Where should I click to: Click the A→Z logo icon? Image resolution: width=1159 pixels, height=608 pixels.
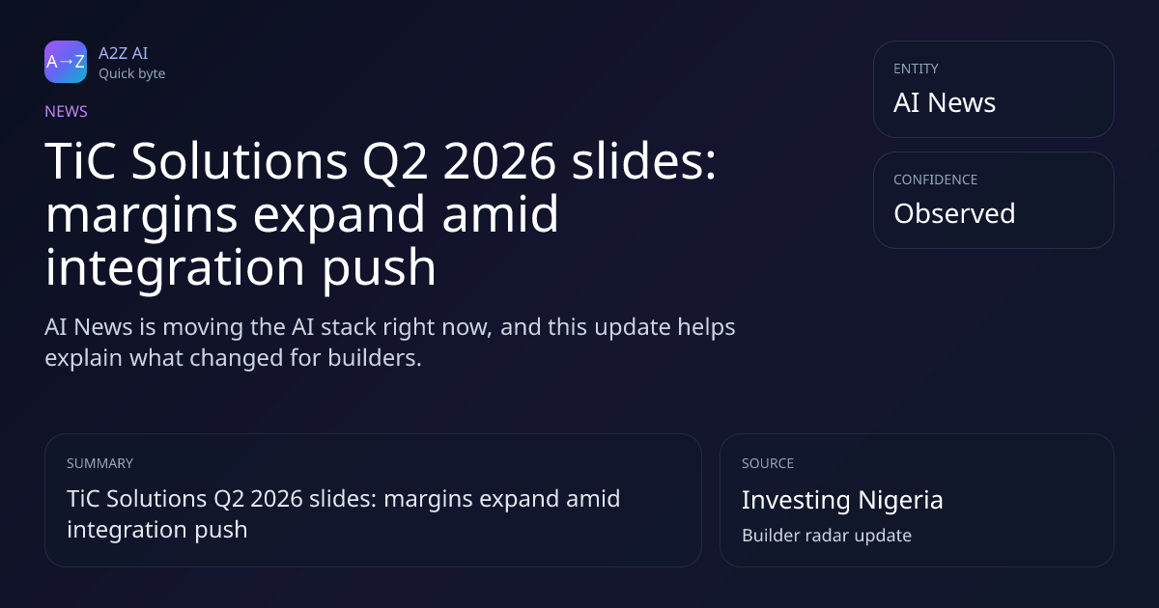[x=66, y=62]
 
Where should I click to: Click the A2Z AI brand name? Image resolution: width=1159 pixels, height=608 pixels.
[x=124, y=53]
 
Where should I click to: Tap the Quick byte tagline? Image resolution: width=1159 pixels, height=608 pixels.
[x=132, y=74]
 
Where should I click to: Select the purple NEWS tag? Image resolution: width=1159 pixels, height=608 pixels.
[x=66, y=111]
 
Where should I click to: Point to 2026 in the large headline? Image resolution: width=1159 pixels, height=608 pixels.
[x=499, y=161]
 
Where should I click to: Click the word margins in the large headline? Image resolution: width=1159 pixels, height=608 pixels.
[x=141, y=215]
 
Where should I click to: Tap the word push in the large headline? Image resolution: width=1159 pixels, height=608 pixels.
[x=380, y=268]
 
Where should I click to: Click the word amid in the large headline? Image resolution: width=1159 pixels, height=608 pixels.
[x=500, y=213]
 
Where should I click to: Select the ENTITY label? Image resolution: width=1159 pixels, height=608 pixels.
[x=916, y=69]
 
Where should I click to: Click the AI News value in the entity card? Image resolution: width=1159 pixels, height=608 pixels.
[x=945, y=102]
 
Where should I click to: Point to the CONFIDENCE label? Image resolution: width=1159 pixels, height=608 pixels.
[x=935, y=180]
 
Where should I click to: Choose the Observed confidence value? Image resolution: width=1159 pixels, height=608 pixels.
[x=954, y=213]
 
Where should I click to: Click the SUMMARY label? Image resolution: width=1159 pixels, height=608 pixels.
[x=99, y=463]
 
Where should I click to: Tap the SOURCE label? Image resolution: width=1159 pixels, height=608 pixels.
[x=768, y=463]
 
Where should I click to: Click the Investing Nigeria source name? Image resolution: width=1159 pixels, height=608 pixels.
[x=842, y=501]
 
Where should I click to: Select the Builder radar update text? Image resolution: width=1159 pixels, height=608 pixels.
[x=827, y=536]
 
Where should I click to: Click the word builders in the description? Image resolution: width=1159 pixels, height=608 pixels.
[x=375, y=358]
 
